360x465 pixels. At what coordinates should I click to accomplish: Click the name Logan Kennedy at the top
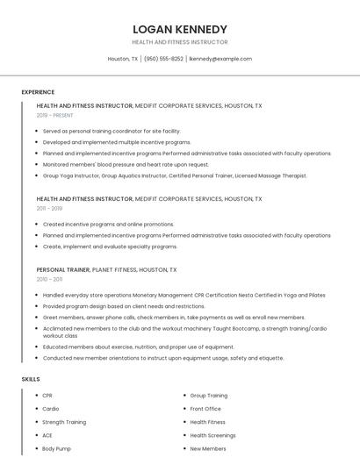pyautogui.click(x=179, y=29)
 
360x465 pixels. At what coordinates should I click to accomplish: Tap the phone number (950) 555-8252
pyautogui.click(x=164, y=59)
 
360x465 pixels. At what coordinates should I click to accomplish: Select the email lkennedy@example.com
pyautogui.click(x=220, y=59)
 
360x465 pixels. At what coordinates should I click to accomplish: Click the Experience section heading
pyautogui.click(x=38, y=92)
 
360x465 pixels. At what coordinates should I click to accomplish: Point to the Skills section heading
pyautogui.click(x=31, y=379)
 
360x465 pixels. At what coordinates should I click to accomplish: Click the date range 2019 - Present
pyautogui.click(x=54, y=115)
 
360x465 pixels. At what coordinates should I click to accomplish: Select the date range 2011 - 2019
pyautogui.click(x=49, y=209)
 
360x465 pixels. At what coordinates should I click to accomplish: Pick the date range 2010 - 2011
pyautogui.click(x=49, y=279)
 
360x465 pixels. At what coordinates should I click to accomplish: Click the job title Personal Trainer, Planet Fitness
pyautogui.click(x=106, y=269)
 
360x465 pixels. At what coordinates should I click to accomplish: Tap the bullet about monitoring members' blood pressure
pyautogui.click(x=126, y=164)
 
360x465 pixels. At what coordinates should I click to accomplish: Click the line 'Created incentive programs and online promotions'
pyautogui.click(x=108, y=224)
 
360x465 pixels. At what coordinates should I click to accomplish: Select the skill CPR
pyautogui.click(x=48, y=396)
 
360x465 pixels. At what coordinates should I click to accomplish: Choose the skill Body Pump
pyautogui.click(x=56, y=448)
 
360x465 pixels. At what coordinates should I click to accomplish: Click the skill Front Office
pyautogui.click(x=205, y=409)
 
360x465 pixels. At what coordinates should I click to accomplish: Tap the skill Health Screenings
pyautogui.click(x=212, y=435)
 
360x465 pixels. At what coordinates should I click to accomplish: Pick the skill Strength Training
pyautogui.click(x=64, y=422)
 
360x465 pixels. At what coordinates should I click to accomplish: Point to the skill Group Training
pyautogui.click(x=209, y=396)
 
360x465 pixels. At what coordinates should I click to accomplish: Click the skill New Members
pyautogui.click(x=208, y=448)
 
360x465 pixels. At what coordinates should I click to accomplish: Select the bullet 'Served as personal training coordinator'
pyautogui.click(x=112, y=131)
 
